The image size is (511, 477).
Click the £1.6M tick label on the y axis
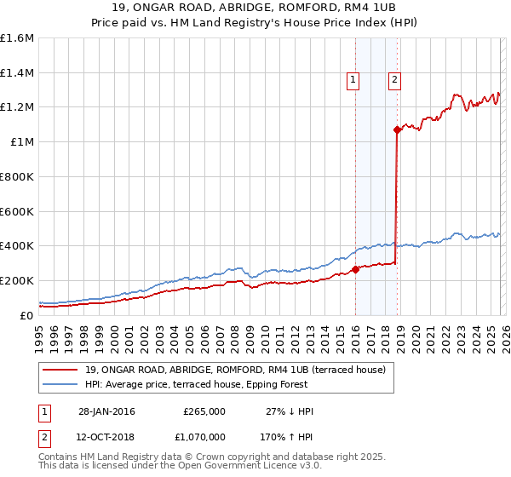(17, 38)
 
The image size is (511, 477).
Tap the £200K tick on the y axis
(17, 280)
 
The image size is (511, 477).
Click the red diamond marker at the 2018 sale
(397, 130)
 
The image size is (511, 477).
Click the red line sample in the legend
(61, 370)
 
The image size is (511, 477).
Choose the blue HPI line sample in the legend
(61, 384)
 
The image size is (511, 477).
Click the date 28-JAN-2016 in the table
(106, 411)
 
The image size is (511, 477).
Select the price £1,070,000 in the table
(204, 436)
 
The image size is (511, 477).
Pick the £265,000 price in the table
(204, 411)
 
